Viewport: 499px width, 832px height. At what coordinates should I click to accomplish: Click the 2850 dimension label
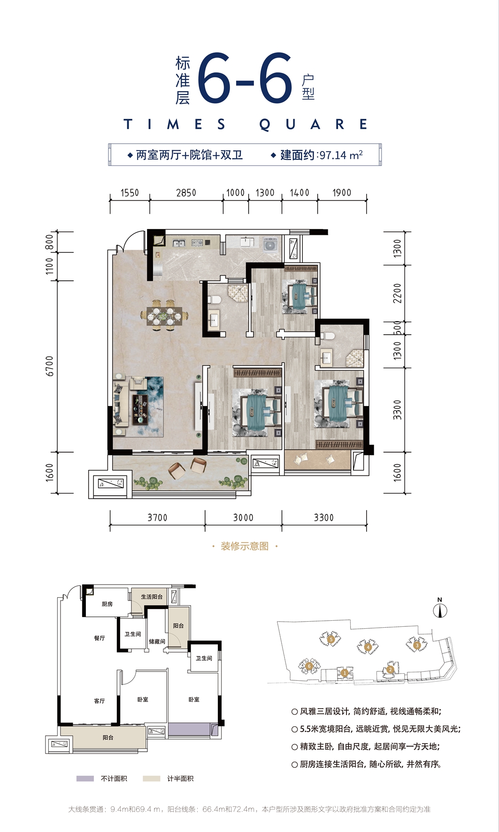[x=186, y=193]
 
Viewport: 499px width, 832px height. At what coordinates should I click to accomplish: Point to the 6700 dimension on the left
[x=50, y=366]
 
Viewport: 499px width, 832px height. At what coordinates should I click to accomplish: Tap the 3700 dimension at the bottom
[x=157, y=517]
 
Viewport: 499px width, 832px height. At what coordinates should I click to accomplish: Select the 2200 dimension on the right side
[x=398, y=293]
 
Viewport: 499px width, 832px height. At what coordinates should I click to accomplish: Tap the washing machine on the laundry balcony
[x=270, y=245]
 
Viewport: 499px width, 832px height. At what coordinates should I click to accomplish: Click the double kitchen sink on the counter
[x=178, y=243]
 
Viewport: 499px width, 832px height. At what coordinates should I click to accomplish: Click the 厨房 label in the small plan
[x=107, y=604]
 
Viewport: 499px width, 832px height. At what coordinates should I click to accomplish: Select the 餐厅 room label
[x=100, y=638]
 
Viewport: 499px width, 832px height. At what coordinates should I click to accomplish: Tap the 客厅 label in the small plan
[x=100, y=701]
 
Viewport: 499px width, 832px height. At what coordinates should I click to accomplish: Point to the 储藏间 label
[x=157, y=641]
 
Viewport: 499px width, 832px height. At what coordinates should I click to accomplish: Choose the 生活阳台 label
[x=152, y=597]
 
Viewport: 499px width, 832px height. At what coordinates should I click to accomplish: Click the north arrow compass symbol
[x=440, y=609]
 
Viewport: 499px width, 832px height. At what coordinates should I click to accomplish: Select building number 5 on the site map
[x=331, y=639]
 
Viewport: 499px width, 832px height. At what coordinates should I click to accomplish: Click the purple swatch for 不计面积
[x=85, y=778]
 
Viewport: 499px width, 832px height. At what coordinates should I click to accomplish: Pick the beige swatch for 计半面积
[x=152, y=778]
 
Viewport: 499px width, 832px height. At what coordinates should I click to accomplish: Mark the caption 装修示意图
[x=245, y=546]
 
